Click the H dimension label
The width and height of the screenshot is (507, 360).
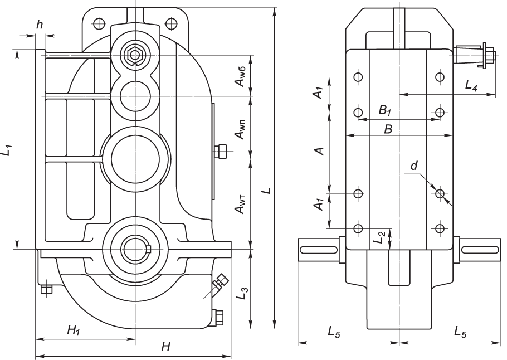(x=165, y=347)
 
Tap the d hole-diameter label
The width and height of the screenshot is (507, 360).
(x=413, y=166)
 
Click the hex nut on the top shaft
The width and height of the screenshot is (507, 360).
(x=133, y=55)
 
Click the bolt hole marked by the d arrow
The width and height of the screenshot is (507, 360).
(x=440, y=194)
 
